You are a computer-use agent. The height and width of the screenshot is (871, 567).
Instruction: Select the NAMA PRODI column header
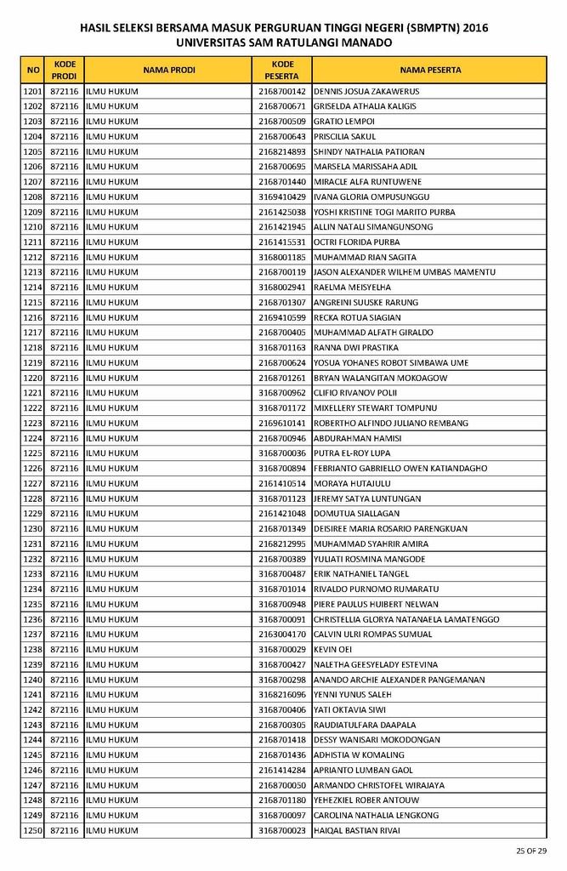click(x=169, y=70)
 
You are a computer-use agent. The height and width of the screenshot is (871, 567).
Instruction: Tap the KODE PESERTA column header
click(x=282, y=70)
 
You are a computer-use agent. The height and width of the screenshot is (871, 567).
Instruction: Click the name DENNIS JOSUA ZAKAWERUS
click(x=366, y=92)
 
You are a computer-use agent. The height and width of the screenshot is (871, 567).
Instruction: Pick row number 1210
click(x=32, y=227)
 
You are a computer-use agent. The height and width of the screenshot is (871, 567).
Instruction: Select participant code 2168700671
click(x=282, y=106)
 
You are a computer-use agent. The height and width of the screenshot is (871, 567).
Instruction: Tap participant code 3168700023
click(x=282, y=830)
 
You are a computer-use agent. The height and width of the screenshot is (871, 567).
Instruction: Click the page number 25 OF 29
click(x=531, y=851)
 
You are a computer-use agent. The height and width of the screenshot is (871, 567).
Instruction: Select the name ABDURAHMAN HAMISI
click(x=357, y=438)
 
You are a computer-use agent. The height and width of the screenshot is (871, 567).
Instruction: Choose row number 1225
click(x=32, y=453)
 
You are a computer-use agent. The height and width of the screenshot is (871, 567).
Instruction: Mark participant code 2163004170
click(x=282, y=635)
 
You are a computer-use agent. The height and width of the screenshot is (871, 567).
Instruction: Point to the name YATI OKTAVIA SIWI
click(x=349, y=709)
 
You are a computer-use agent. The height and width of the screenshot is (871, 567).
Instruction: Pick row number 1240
click(x=32, y=680)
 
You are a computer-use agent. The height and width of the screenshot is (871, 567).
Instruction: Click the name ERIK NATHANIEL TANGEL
click(x=361, y=574)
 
